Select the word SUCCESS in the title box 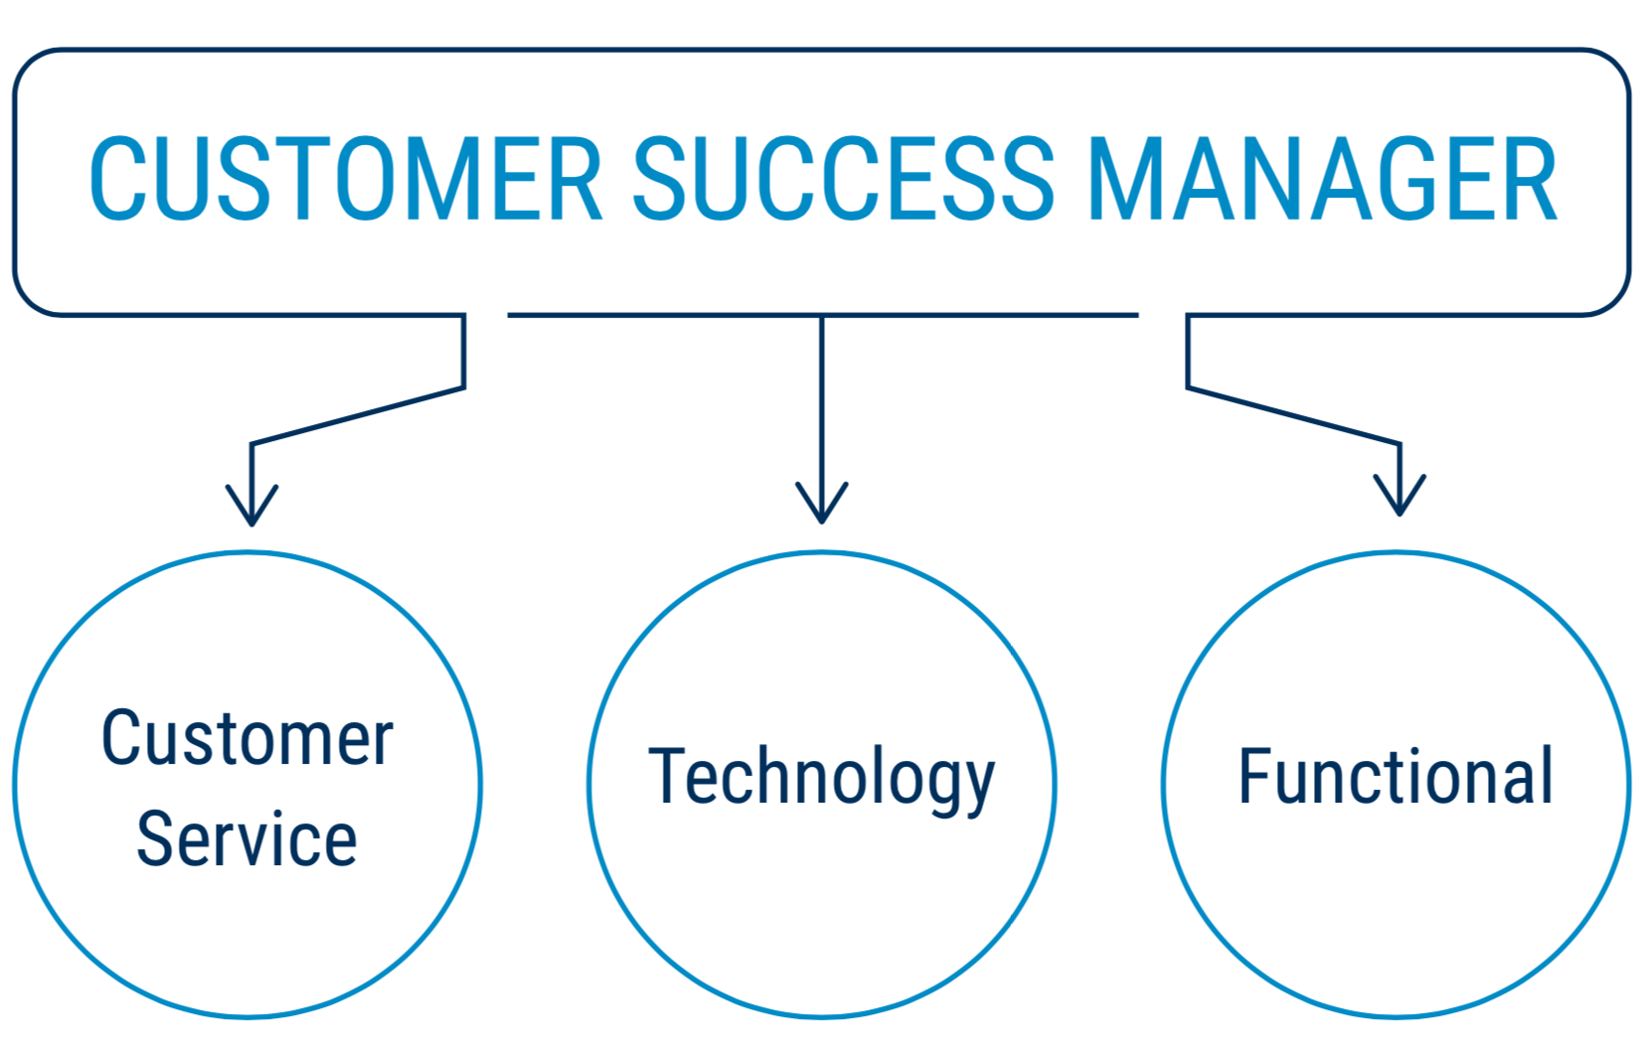pyautogui.click(x=843, y=181)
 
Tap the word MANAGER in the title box pyautogui.click(x=1322, y=181)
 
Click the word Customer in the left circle pyautogui.click(x=247, y=739)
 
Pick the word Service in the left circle pyautogui.click(x=246, y=839)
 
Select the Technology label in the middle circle pyautogui.click(x=821, y=778)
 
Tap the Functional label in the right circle pyautogui.click(x=1394, y=777)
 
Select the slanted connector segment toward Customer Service pyautogui.click(x=358, y=415)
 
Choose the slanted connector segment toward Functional pyautogui.click(x=1292, y=415)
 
